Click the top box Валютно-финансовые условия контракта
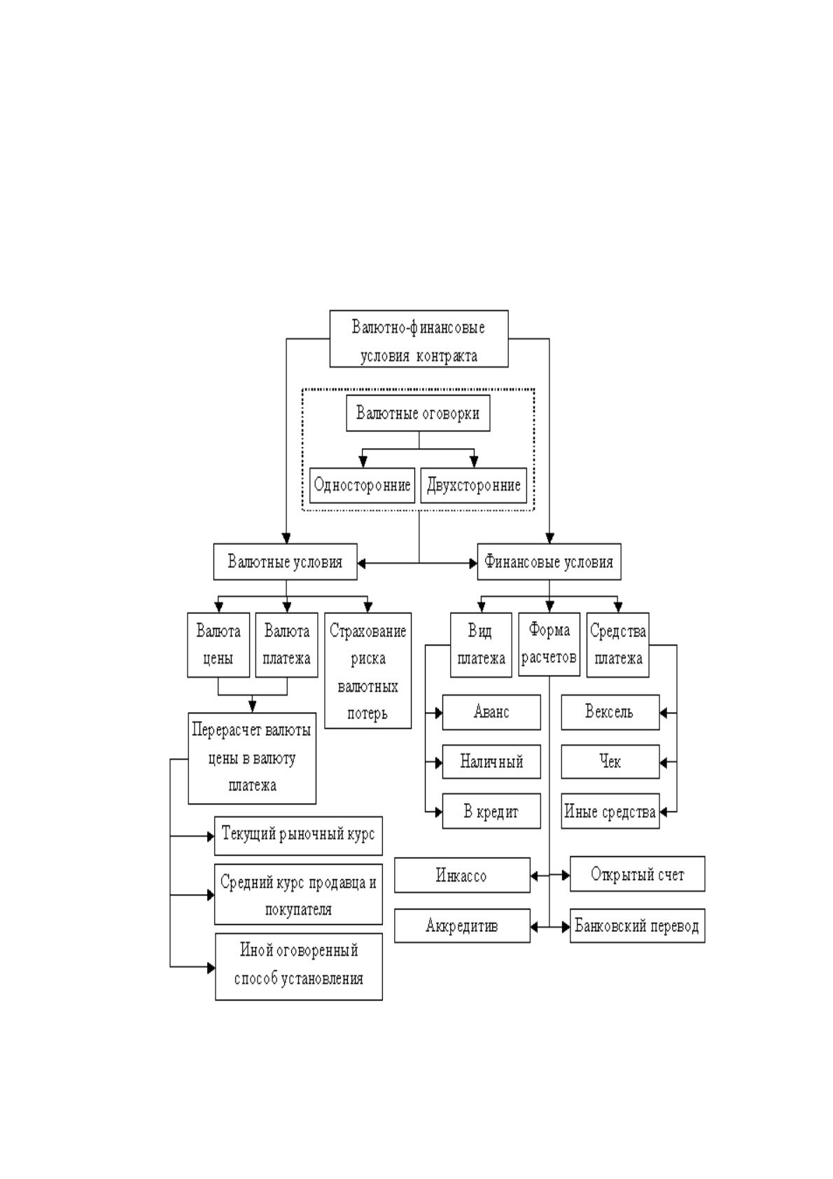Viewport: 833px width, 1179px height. click(419, 338)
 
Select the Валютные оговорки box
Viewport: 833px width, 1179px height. click(418, 413)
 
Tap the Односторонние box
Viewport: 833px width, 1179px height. click(362, 485)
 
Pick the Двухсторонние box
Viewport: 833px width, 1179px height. click(474, 485)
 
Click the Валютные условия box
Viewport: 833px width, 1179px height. click(285, 561)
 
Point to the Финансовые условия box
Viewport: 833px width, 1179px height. click(549, 561)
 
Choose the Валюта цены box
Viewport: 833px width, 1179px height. click(218, 645)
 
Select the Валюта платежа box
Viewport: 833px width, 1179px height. click(287, 645)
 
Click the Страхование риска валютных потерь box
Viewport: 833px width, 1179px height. click(367, 671)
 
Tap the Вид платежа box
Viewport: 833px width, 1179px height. click(481, 645)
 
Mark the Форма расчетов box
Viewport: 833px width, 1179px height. click(549, 645)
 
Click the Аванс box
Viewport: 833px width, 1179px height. click(491, 712)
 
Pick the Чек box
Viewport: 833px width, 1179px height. click(610, 762)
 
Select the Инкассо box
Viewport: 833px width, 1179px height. click(462, 875)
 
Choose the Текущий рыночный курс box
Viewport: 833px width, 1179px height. click(298, 836)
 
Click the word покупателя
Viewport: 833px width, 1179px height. click(298, 909)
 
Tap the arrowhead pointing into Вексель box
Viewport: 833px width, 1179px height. click(664, 713)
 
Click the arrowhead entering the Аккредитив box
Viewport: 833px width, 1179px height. click(535, 927)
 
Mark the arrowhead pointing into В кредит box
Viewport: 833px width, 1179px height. click(437, 812)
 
